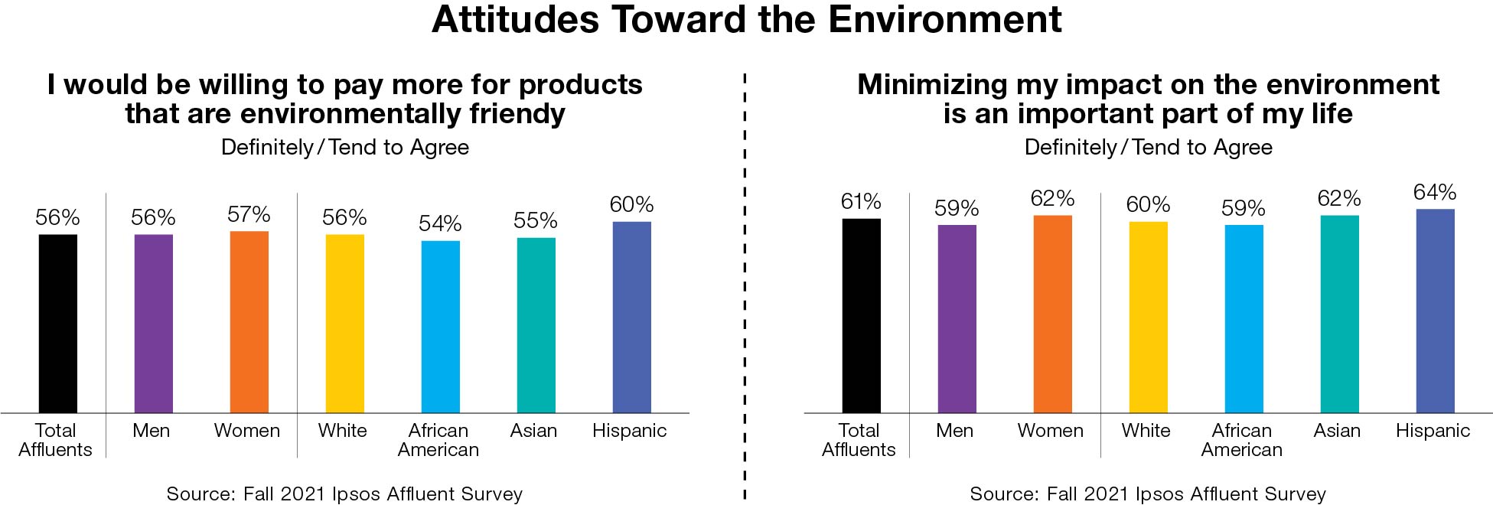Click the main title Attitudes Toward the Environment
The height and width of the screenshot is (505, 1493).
(746, 20)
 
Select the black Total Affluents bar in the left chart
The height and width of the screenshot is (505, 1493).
(58, 323)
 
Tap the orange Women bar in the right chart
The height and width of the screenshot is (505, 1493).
(1052, 314)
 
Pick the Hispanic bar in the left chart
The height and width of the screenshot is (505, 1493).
(631, 317)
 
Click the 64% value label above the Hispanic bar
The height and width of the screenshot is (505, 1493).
(1435, 192)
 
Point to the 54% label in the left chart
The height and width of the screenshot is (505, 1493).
(440, 223)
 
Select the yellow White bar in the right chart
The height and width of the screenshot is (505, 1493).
(1148, 317)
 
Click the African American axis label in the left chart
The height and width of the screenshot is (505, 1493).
(438, 440)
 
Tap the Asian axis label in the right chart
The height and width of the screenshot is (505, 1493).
(1337, 431)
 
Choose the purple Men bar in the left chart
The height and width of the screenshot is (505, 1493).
(153, 323)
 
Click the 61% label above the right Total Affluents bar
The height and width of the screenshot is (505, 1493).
(861, 201)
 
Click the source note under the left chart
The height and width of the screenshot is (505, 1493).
(344, 494)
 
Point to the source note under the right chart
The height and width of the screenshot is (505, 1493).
(1148, 494)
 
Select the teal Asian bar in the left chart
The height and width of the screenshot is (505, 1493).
(536, 325)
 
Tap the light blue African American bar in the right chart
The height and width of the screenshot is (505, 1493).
(1244, 318)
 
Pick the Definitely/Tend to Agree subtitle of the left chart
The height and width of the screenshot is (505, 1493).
(345, 147)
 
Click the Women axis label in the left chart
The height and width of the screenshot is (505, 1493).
(247, 431)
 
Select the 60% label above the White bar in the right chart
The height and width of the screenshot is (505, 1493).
(1148, 204)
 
